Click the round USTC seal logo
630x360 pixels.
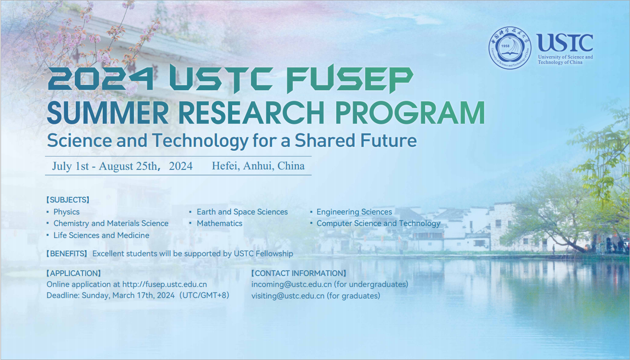click(510, 48)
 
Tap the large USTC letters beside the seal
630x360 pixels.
click(565, 43)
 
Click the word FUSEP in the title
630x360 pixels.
click(349, 80)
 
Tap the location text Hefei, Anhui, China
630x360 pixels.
click(258, 166)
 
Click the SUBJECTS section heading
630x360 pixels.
click(68, 200)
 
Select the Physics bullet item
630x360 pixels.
click(66, 212)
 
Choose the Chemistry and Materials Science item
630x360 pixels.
click(111, 223)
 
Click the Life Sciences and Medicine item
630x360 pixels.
click(101, 235)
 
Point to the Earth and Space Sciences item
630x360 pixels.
click(242, 212)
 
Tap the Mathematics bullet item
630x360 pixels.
click(219, 223)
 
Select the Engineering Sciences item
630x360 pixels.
click(354, 212)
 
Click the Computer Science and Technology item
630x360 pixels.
click(378, 223)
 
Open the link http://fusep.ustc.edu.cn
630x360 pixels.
click(165, 284)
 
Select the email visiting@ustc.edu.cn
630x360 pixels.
click(288, 296)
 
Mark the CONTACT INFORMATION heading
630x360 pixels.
click(298, 273)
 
